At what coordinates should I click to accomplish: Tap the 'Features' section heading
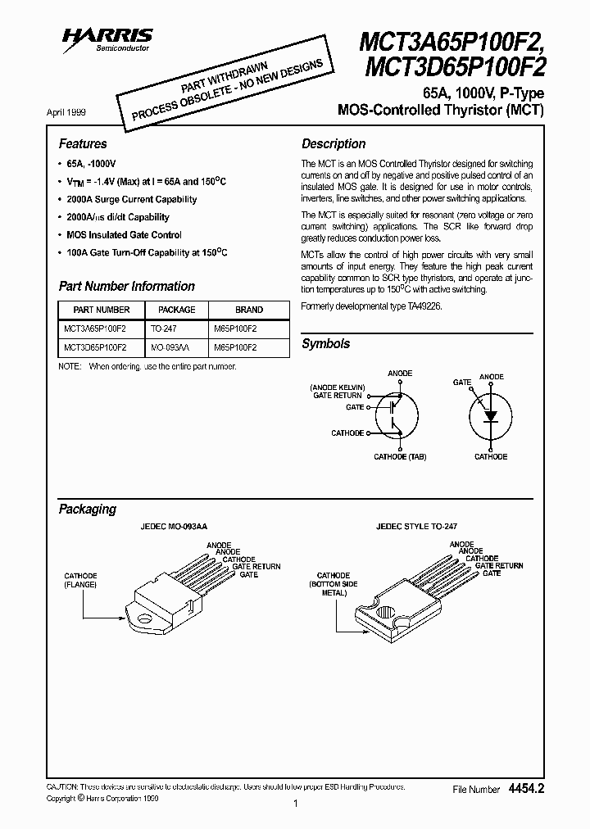coord(82,143)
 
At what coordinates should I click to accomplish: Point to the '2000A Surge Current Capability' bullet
coord(131,199)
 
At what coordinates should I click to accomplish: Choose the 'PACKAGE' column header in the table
coord(176,310)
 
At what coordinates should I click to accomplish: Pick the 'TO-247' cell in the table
coord(164,328)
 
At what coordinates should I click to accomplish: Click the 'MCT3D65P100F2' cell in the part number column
coord(94,347)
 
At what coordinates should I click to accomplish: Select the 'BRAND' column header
coord(249,310)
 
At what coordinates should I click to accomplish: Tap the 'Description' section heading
coord(334,143)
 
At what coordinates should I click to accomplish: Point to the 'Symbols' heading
coord(325,344)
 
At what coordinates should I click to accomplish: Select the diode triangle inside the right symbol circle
coord(491,415)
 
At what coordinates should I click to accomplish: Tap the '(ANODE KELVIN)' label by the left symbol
coord(338,386)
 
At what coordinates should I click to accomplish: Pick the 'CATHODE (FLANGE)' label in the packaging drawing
coord(81,580)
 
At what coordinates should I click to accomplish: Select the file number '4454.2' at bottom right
coord(526,788)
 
